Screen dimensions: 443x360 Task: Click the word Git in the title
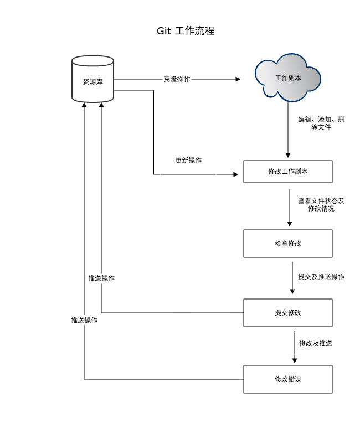pyautogui.click(x=164, y=31)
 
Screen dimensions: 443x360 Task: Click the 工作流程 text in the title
pyautogui.click(x=194, y=31)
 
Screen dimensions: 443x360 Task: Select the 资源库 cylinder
pyautogui.click(x=93, y=81)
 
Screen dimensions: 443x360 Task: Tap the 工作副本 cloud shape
pyautogui.click(x=287, y=78)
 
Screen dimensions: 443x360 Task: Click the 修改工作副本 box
pyautogui.click(x=287, y=172)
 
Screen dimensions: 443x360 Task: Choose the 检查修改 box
pyautogui.click(x=287, y=244)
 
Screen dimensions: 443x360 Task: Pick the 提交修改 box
pyautogui.click(x=287, y=313)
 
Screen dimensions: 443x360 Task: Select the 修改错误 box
pyautogui.click(x=287, y=379)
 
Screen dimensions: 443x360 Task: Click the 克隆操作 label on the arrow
pyautogui.click(x=177, y=79)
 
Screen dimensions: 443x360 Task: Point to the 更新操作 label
pyautogui.click(x=188, y=161)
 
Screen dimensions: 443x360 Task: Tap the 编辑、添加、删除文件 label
pyautogui.click(x=321, y=123)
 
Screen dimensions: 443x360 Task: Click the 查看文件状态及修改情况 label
pyautogui.click(x=321, y=205)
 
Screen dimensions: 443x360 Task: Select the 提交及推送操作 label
pyautogui.click(x=321, y=276)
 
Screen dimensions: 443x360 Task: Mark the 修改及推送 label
pyautogui.click(x=316, y=343)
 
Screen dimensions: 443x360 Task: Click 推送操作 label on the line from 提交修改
pyautogui.click(x=101, y=278)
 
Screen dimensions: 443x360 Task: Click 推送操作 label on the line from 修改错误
pyautogui.click(x=84, y=320)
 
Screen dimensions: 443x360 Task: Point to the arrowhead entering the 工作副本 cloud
pyautogui.click(x=238, y=79)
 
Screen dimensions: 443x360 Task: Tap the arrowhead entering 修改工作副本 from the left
pyautogui.click(x=235, y=174)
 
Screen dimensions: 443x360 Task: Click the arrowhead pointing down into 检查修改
pyautogui.click(x=289, y=224)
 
